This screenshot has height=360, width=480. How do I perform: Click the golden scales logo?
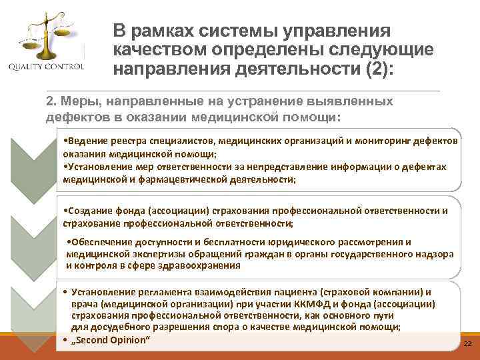(46, 37)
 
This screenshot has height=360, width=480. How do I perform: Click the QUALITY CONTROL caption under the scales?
(46, 67)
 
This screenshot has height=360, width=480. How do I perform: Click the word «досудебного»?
(115, 327)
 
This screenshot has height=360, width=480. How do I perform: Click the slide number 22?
(467, 343)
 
